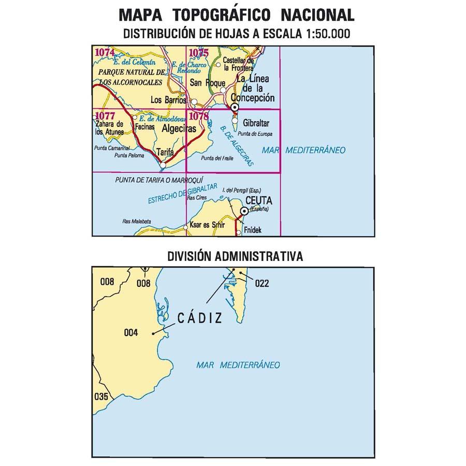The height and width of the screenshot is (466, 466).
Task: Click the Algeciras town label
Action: click(x=179, y=129)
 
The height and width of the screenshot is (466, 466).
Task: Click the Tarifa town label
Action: click(x=165, y=153)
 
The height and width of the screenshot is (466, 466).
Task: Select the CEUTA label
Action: click(x=258, y=201)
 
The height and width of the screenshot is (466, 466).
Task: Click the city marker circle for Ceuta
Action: click(x=244, y=211)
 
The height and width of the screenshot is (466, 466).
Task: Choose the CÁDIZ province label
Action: click(x=199, y=318)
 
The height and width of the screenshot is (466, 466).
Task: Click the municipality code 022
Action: click(x=263, y=283)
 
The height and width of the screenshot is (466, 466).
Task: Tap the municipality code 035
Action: click(x=101, y=397)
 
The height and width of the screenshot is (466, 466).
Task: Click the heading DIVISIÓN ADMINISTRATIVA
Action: click(x=235, y=256)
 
